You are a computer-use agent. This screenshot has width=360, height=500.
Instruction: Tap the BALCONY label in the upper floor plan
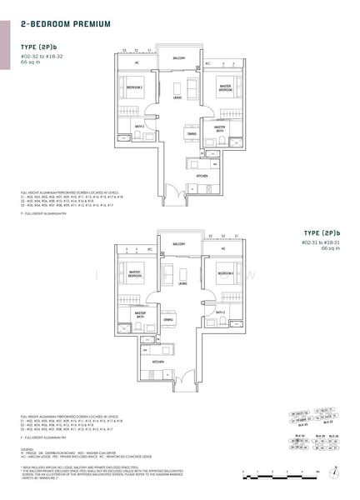pos(178,59)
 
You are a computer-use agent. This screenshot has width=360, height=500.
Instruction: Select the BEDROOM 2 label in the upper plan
pos(134,86)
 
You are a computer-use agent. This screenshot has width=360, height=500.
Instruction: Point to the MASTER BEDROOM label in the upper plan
pos(224,87)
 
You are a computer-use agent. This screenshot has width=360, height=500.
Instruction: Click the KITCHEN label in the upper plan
pos(201,177)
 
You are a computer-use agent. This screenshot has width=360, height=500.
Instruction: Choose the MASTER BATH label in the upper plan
pos(220,129)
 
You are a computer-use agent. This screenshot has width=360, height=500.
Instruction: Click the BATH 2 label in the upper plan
pos(139,126)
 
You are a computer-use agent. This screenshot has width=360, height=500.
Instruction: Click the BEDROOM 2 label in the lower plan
pos(222,272)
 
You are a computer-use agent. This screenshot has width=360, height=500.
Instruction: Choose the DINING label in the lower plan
pos(167,319)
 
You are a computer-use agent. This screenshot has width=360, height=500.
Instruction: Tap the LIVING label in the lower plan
pos(178,282)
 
